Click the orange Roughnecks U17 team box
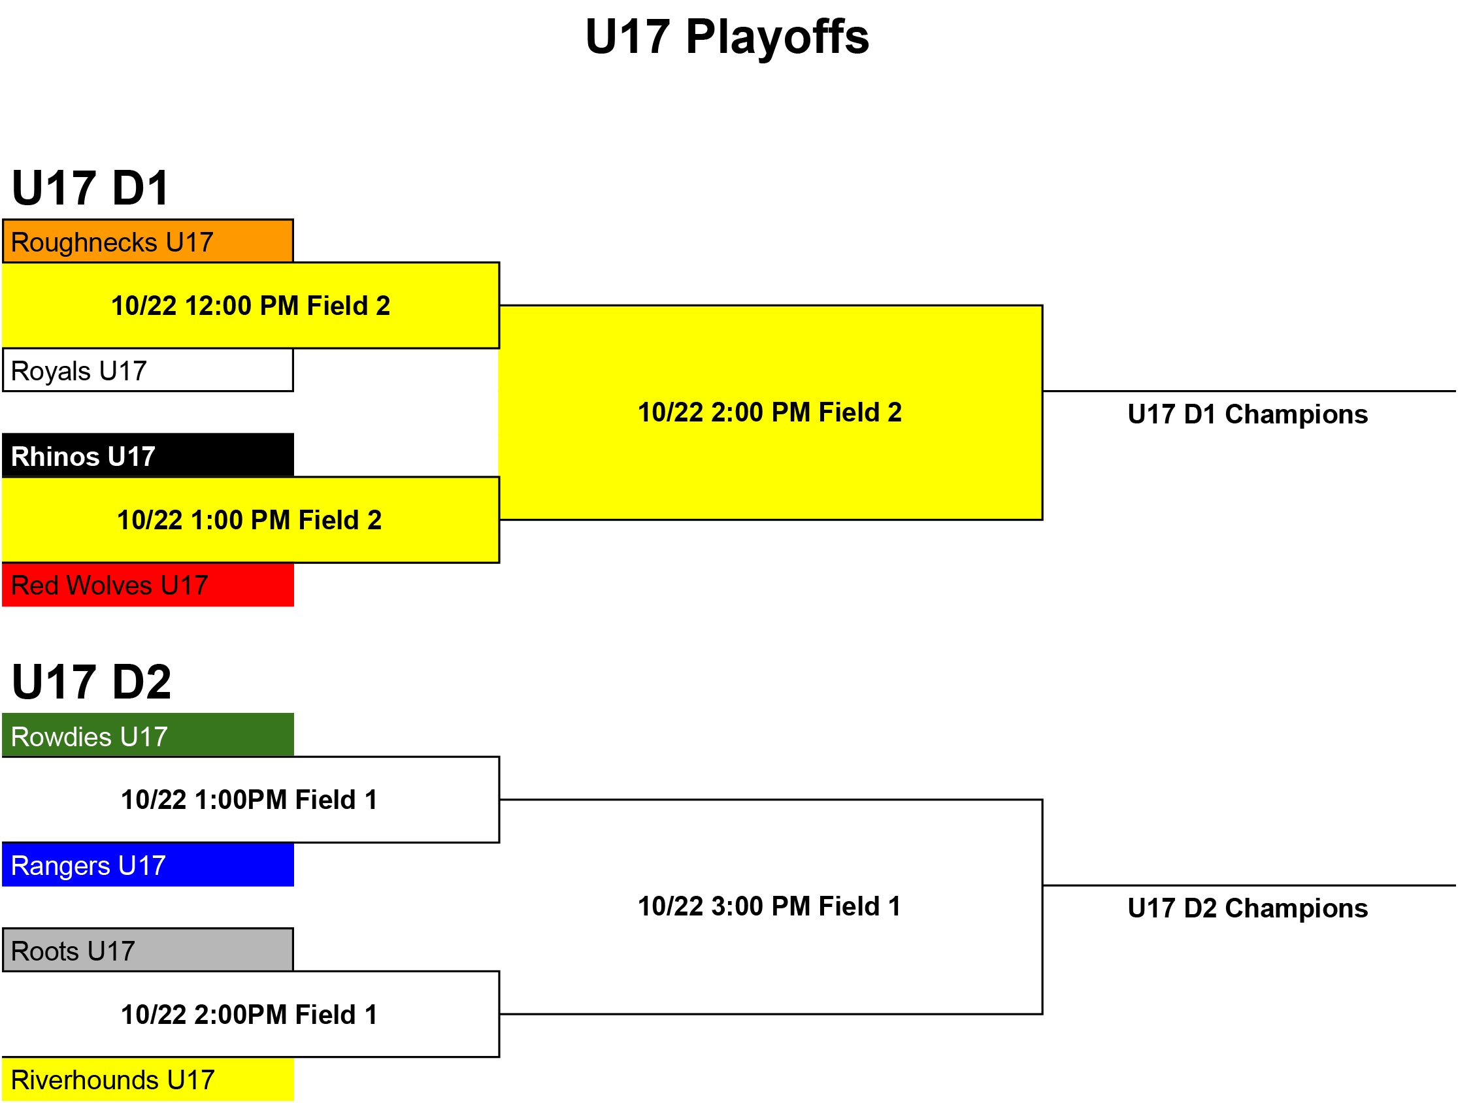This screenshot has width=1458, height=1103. pos(148,241)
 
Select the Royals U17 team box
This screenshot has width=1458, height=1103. pos(148,370)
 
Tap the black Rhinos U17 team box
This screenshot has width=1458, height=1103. pos(148,455)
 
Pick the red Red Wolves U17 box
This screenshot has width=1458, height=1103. pos(148,584)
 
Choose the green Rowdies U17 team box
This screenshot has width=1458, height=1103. pos(148,735)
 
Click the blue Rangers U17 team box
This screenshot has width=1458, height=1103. pos(148,864)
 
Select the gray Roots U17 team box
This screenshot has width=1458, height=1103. pos(148,950)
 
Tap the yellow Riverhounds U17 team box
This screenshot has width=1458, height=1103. pos(148,1079)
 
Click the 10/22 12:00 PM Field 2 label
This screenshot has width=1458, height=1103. pos(250,306)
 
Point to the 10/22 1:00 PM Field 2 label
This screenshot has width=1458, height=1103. pos(249,520)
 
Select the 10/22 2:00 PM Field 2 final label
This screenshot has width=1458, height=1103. pos(770,412)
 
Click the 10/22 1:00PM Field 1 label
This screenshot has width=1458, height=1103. pos(249,800)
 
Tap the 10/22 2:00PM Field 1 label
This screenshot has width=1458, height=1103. pos(249,1015)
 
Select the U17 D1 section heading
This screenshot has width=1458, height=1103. pos(91,188)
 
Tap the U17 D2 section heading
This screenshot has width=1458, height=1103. pos(91,682)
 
